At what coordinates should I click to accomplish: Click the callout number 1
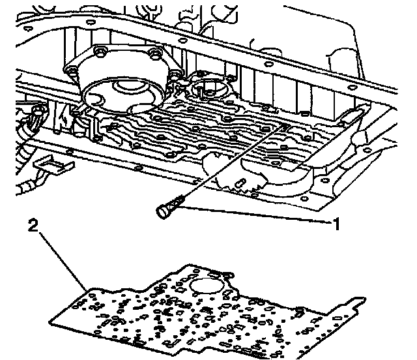(337, 225)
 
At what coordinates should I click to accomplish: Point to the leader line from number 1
(254, 217)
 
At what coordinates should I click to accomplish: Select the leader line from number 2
(62, 261)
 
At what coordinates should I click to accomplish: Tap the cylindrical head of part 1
(165, 209)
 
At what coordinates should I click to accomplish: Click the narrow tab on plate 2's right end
(357, 307)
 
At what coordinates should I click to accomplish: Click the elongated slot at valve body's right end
(351, 117)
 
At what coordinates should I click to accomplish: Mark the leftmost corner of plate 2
(51, 322)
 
